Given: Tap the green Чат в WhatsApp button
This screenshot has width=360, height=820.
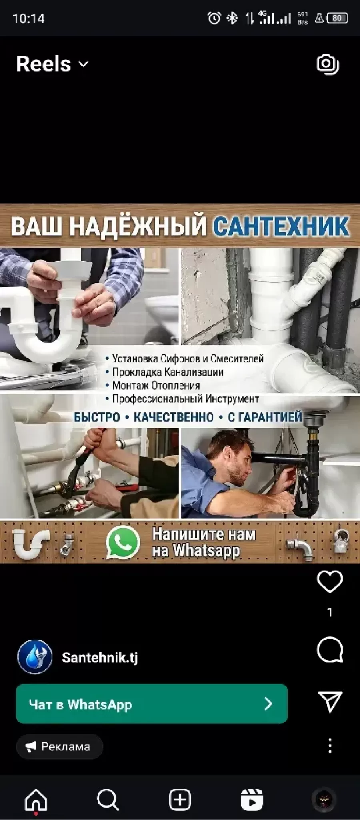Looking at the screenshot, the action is point(152,704).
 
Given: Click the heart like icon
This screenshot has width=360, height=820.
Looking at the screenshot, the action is point(330,582).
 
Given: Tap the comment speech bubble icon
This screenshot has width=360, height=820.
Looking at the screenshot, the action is point(330,650).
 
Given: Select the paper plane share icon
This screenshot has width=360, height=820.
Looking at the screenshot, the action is point(330,702).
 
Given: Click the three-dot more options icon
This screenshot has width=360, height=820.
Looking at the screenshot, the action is point(330,746).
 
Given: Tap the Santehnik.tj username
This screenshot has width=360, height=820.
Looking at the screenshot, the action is point(100,657).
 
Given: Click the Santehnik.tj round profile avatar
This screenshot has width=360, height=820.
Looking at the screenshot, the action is point(35,657).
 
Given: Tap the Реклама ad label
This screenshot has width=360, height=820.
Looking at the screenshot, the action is point(60,746).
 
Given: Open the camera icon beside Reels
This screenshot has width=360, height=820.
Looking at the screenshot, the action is point(328,64).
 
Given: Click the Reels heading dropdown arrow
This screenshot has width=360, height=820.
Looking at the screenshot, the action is point(83,64).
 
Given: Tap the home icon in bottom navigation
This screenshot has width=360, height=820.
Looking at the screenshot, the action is point(36,800).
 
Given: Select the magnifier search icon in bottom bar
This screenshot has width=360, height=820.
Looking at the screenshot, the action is point(108,800).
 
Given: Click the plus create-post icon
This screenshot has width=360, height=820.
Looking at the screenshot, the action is point(180,800).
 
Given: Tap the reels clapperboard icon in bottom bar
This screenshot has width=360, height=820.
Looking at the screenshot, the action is point(252,800).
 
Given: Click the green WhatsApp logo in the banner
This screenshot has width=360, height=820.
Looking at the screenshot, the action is point(123,542).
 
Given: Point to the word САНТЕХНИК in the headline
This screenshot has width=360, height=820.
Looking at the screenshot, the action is point(281,226).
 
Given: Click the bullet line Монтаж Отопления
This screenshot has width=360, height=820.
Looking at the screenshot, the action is point(156,386).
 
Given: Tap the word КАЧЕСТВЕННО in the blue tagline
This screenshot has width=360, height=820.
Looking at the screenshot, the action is point(174,417).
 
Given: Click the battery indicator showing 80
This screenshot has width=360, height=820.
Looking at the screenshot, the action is point(337,18).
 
